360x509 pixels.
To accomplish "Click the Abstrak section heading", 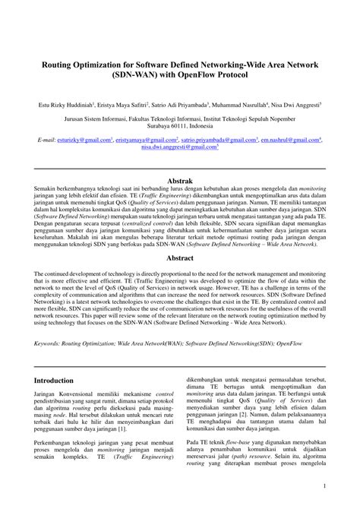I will click(x=180, y=181).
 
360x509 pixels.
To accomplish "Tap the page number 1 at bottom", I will click(x=346, y=485).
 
